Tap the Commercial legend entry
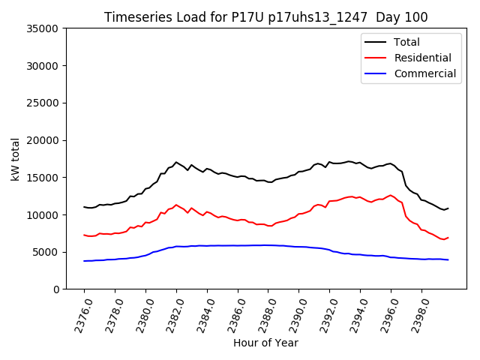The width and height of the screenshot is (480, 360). (x=424, y=73)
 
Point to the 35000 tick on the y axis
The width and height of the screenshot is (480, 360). (x=43, y=28)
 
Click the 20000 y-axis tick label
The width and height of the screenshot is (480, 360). (x=43, y=140)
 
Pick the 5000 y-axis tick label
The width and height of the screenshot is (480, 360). (x=46, y=252)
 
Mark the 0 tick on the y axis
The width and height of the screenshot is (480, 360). (x=55, y=289)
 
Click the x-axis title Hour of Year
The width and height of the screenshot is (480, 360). (x=265, y=343)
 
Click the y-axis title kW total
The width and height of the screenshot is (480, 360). (x=16, y=158)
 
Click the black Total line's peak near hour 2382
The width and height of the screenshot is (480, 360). (x=176, y=162)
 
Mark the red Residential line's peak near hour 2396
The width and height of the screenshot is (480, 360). (x=390, y=195)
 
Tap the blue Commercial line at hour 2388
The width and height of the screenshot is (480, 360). (x=268, y=245)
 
